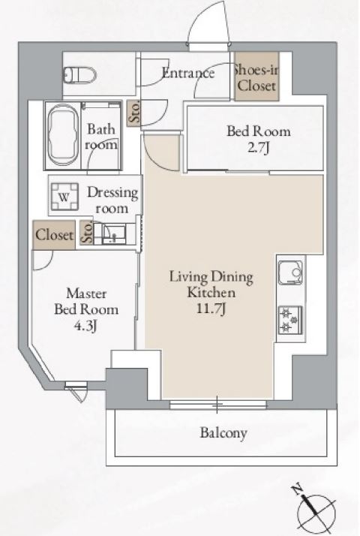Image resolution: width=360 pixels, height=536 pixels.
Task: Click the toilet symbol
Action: (x=80, y=74)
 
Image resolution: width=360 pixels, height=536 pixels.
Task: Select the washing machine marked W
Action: (x=64, y=197)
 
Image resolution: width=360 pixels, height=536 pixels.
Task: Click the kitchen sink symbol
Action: (x=290, y=273)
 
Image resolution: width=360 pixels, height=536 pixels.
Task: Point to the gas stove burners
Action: (x=290, y=320)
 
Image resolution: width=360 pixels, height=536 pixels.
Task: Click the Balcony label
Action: (x=223, y=432)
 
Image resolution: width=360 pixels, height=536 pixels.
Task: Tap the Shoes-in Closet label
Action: (x=256, y=78)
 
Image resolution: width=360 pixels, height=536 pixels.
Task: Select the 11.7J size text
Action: (x=211, y=309)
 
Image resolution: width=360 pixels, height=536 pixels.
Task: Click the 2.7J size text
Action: (x=258, y=148)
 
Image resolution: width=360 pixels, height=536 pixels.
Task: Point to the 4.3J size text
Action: (x=85, y=326)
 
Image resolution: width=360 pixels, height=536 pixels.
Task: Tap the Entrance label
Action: (x=188, y=73)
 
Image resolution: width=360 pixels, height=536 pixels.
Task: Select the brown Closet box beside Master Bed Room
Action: (x=54, y=235)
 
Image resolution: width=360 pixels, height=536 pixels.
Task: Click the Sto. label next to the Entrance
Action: (x=134, y=113)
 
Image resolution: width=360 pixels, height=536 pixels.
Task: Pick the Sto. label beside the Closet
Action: (x=87, y=233)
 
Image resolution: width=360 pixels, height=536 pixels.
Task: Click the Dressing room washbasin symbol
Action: (x=114, y=233)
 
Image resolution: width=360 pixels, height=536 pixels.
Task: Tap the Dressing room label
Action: (x=112, y=200)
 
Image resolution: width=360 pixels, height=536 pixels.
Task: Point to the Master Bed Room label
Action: (x=86, y=302)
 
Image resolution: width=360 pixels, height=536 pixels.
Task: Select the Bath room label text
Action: (x=101, y=137)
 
